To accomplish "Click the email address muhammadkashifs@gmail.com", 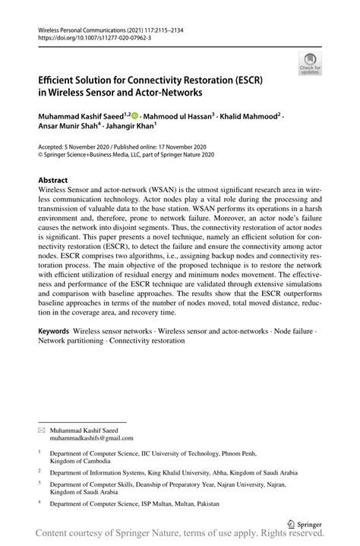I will click(90, 438).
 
